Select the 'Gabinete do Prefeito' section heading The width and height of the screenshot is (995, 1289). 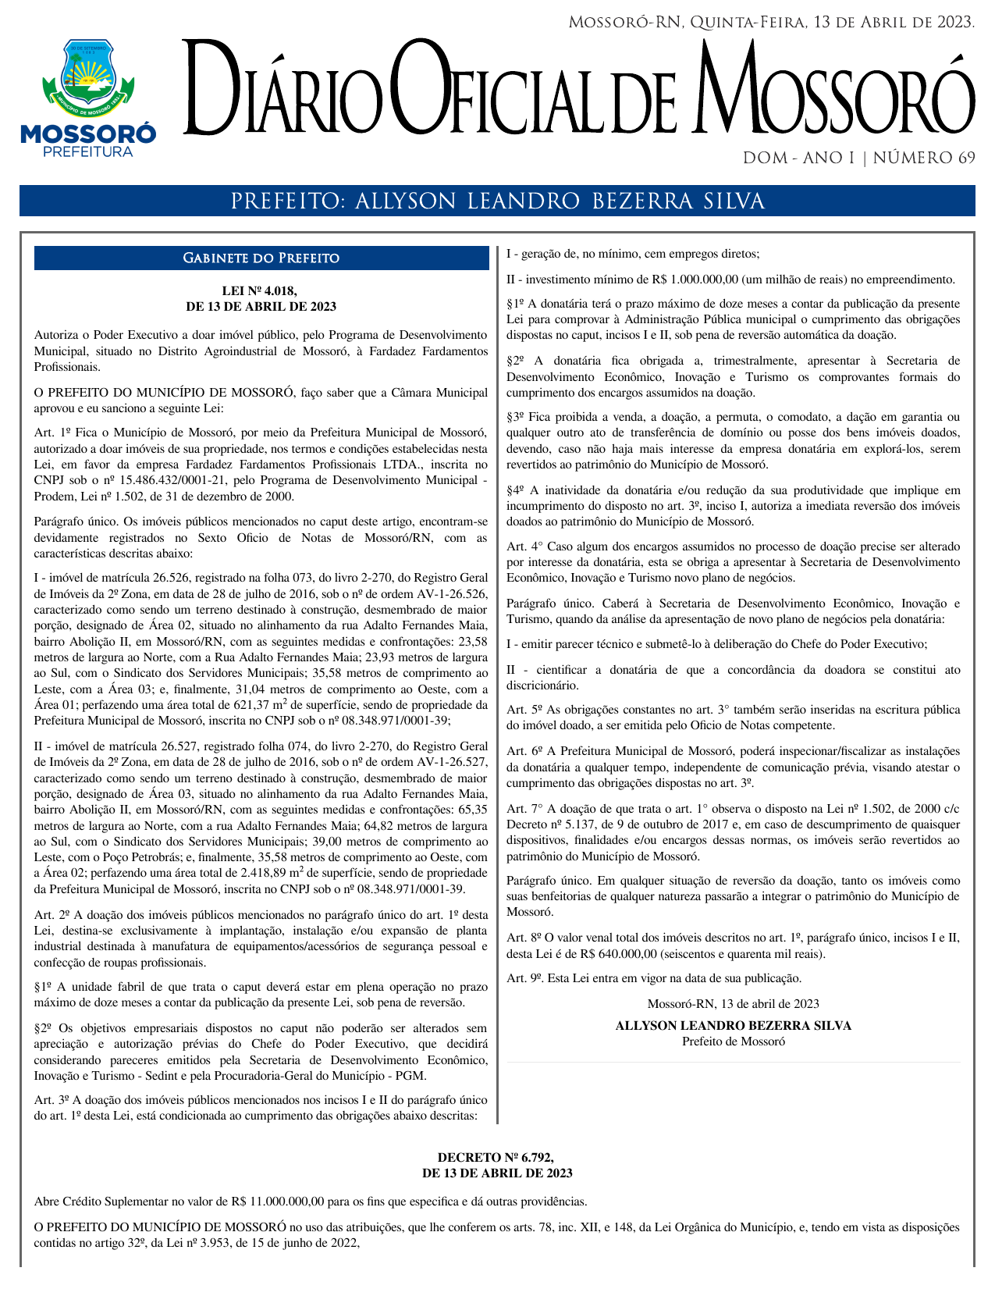click(261, 258)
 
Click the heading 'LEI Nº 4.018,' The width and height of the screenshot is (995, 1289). click(261, 291)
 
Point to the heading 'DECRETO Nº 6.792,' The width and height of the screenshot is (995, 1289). click(496, 1157)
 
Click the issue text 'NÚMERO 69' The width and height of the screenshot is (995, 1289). click(924, 158)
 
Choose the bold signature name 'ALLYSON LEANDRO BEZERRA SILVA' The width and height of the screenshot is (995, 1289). click(733, 1025)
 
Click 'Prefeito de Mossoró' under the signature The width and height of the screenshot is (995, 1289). click(733, 1041)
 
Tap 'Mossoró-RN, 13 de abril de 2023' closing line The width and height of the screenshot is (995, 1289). click(733, 1003)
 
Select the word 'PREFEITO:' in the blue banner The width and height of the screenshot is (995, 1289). click(288, 201)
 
